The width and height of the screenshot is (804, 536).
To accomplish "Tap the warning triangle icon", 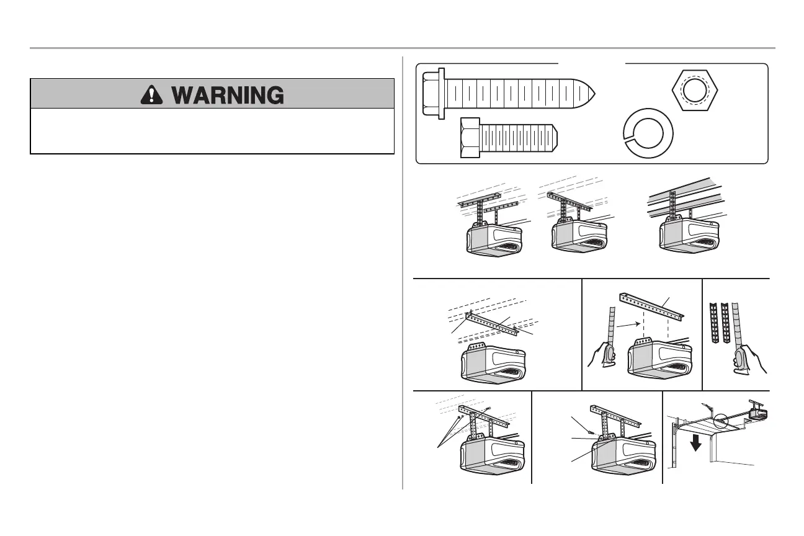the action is [150, 94].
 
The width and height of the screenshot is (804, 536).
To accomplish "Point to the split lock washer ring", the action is [648, 134].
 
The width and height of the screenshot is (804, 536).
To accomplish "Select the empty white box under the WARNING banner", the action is [212, 131].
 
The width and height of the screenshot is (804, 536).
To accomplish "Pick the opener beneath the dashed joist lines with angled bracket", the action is [493, 365].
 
